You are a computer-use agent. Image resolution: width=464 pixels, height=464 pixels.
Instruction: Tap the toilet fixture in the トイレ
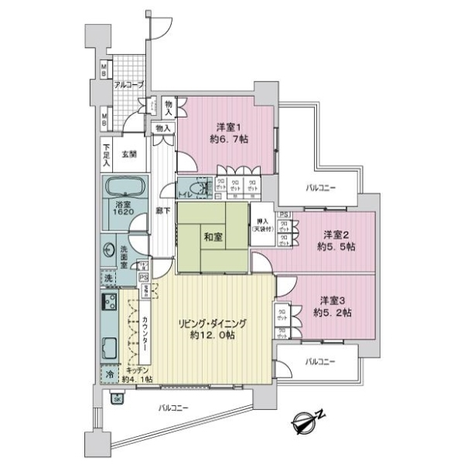pyautogui.click(x=199, y=188)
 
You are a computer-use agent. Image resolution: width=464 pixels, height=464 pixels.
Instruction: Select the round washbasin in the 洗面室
pyautogui.click(x=107, y=251)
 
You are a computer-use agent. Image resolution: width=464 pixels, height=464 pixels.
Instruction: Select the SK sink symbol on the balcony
pyautogui.click(x=118, y=398)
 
